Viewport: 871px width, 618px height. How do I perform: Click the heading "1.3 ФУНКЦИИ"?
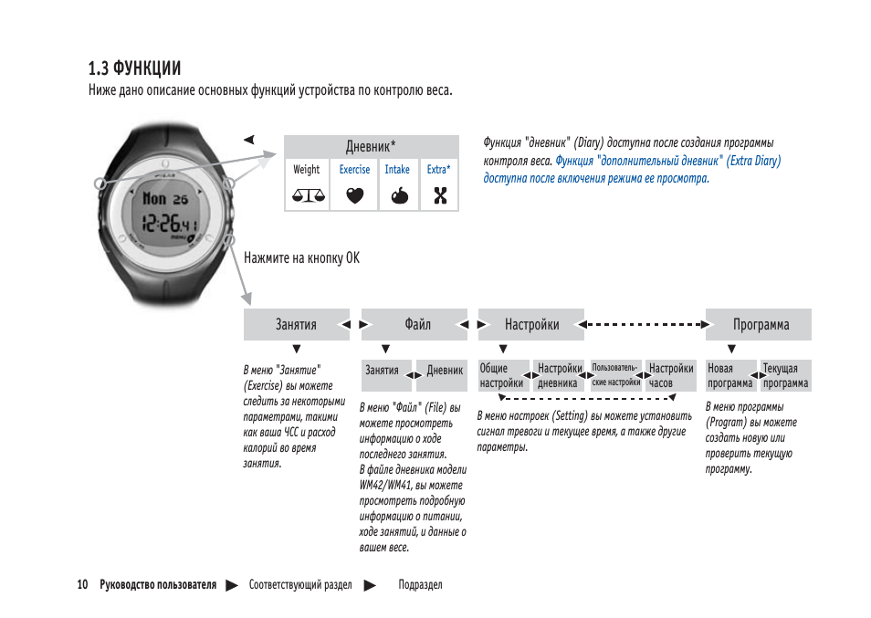click(x=134, y=68)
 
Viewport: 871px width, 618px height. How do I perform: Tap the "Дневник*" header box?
click(x=371, y=146)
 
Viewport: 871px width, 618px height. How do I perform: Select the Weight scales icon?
click(x=307, y=194)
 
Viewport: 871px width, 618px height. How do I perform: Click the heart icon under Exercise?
click(x=354, y=194)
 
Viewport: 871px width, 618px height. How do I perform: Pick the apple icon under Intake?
click(x=397, y=194)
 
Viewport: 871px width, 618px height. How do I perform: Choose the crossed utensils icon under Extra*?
click(x=439, y=194)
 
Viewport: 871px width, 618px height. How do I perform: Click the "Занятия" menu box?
click(x=296, y=324)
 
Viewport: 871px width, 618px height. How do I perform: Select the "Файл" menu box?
click(x=418, y=324)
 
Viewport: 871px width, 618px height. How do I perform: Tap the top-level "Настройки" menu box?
click(x=531, y=324)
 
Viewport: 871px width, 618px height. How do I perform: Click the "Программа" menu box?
click(x=760, y=324)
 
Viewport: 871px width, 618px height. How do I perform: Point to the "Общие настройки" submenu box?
click(x=503, y=376)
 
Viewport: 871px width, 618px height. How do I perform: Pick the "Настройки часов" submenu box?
click(x=671, y=376)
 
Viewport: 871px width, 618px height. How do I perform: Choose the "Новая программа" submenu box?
click(x=730, y=376)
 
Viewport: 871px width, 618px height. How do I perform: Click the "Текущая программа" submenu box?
click(x=785, y=376)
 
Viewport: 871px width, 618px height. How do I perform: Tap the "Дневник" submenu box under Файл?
click(x=446, y=371)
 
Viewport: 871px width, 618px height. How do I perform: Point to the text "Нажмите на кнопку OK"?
click(x=301, y=258)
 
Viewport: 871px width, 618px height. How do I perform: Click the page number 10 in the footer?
click(x=82, y=585)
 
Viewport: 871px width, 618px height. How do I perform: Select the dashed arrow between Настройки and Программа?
click(x=645, y=323)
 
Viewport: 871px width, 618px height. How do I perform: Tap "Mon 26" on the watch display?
click(x=164, y=198)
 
